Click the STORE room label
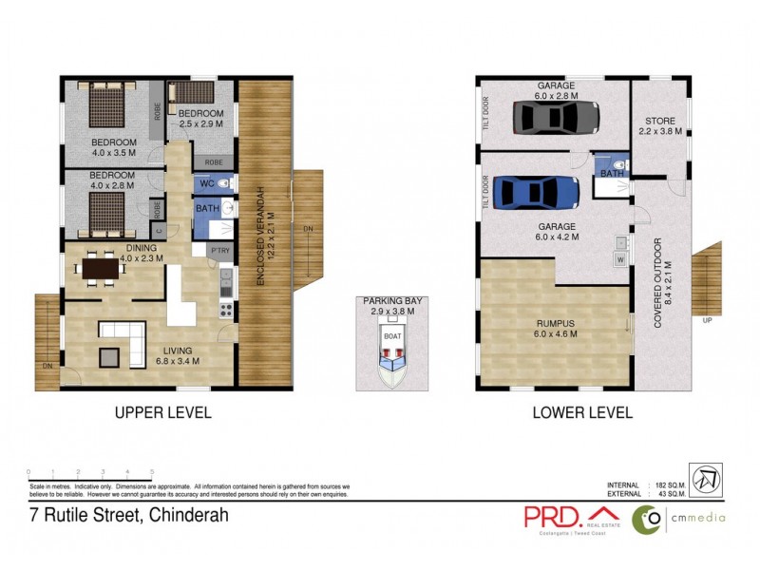(x=659, y=122)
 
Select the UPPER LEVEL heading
(x=162, y=413)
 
